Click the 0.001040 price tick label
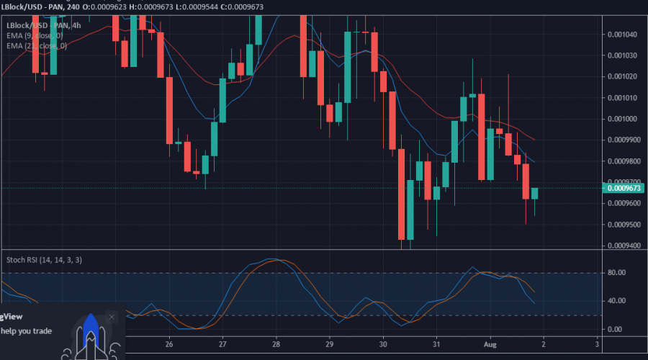click(x=622, y=34)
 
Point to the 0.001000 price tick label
click(x=622, y=119)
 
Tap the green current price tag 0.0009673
click(x=624, y=189)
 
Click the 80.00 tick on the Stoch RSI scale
click(x=615, y=273)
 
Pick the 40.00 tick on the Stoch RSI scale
click(x=615, y=301)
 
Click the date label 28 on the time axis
click(x=276, y=344)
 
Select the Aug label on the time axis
click(x=490, y=344)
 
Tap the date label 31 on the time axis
click(x=436, y=344)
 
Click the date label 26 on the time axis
click(x=169, y=344)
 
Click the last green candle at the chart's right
click(x=535, y=193)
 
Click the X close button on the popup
click(x=112, y=317)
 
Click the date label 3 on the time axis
click(x=597, y=344)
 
